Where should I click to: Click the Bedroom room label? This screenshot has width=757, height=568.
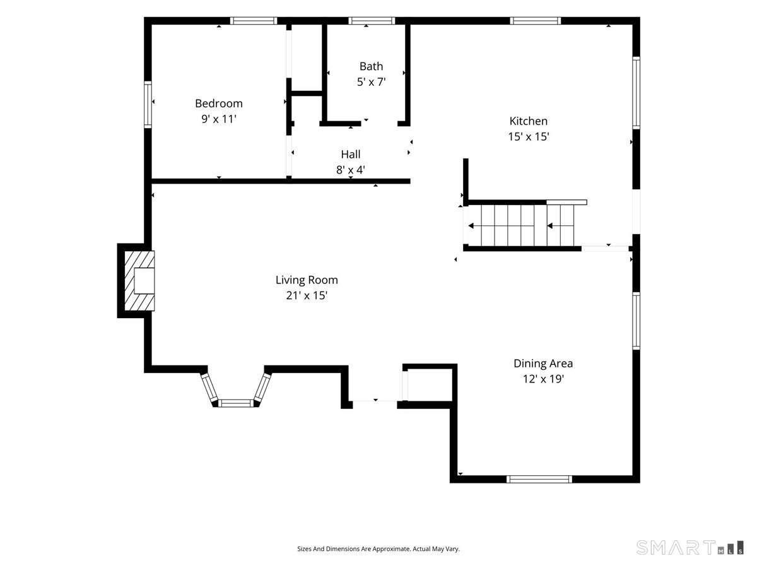tap(219, 103)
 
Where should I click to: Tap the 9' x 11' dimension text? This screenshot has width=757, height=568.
tap(219, 119)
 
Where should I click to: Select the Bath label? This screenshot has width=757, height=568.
tap(371, 66)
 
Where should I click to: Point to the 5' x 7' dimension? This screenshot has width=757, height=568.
tap(371, 82)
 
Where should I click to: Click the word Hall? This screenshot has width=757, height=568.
tap(351, 154)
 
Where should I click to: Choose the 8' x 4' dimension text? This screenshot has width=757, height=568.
tap(351, 170)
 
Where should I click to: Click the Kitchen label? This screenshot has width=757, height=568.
tap(529, 121)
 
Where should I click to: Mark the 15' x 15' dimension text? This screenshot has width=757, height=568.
tap(529, 136)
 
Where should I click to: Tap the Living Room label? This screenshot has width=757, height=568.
tap(307, 280)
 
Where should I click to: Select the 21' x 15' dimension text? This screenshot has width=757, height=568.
tap(307, 295)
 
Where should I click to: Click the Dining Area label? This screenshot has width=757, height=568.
tap(543, 364)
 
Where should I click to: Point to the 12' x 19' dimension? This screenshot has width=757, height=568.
tap(543, 379)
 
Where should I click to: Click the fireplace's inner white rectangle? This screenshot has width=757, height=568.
tap(144, 281)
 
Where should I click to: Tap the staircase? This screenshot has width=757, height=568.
tap(521, 225)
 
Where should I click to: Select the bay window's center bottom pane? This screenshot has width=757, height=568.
tap(236, 403)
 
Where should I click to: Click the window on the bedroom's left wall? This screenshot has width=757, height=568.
tap(148, 105)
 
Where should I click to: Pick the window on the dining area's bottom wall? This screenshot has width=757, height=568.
tap(539, 479)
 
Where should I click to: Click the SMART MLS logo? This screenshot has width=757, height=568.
tap(690, 547)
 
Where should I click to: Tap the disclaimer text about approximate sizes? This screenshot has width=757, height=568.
tap(378, 548)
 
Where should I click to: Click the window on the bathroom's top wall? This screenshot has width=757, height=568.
tap(372, 21)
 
